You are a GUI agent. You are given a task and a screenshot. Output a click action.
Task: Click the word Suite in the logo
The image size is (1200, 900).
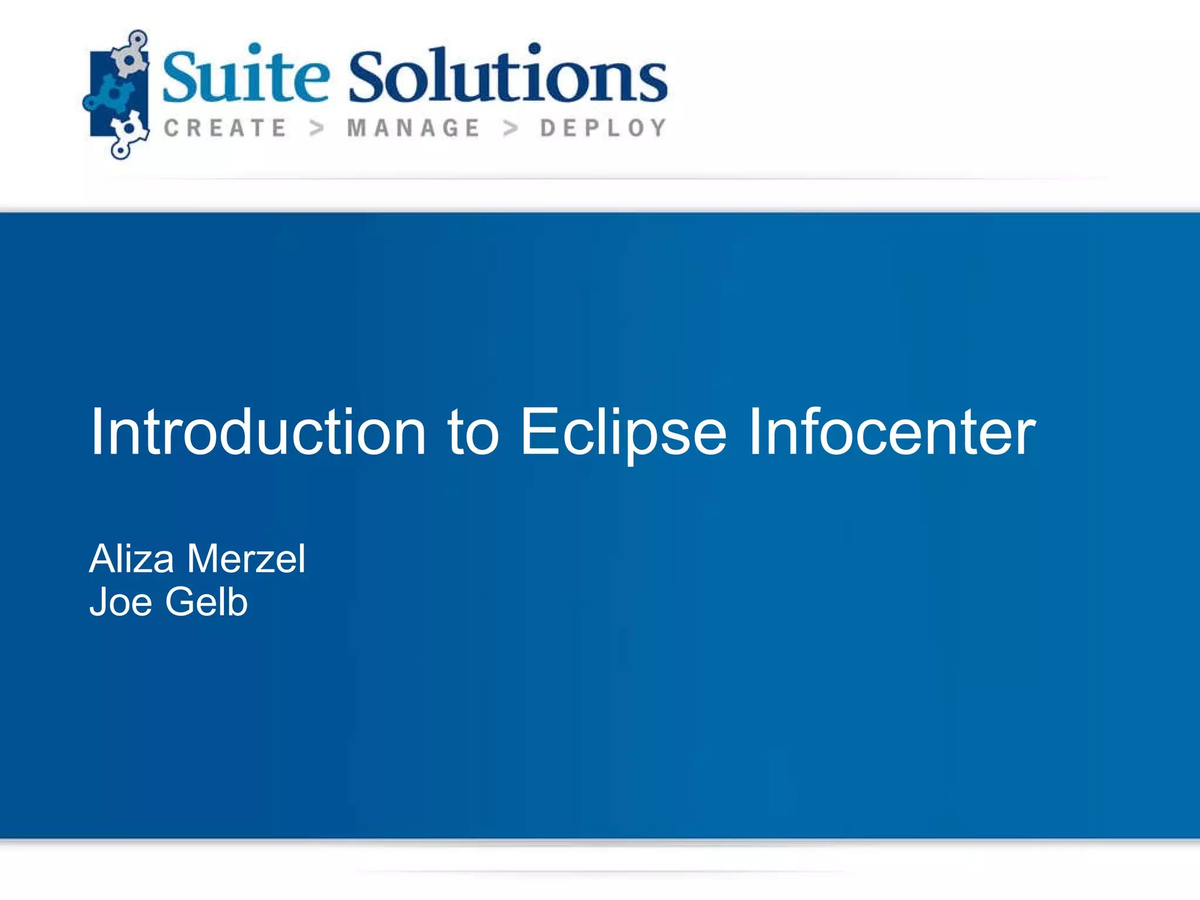[246, 77]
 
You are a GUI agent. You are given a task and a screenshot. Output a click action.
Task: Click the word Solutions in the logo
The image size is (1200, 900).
[508, 77]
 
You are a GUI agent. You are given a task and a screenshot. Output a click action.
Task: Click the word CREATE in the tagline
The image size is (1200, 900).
[225, 128]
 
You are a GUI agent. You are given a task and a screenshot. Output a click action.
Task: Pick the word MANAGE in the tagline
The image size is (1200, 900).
[414, 128]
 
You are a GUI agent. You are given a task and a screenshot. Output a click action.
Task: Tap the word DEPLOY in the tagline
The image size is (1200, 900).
[604, 128]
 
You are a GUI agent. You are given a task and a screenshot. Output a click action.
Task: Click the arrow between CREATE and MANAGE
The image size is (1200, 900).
[317, 128]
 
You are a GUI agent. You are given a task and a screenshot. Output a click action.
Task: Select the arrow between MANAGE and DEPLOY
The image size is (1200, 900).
[511, 128]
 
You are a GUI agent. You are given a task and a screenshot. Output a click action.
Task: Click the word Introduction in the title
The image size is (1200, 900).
[258, 432]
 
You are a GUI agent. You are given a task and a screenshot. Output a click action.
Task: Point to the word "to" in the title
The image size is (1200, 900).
[473, 432]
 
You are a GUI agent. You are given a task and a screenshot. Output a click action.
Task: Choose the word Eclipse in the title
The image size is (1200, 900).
[623, 432]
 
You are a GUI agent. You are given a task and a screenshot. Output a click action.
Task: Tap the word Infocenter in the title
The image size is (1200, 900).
[892, 432]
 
